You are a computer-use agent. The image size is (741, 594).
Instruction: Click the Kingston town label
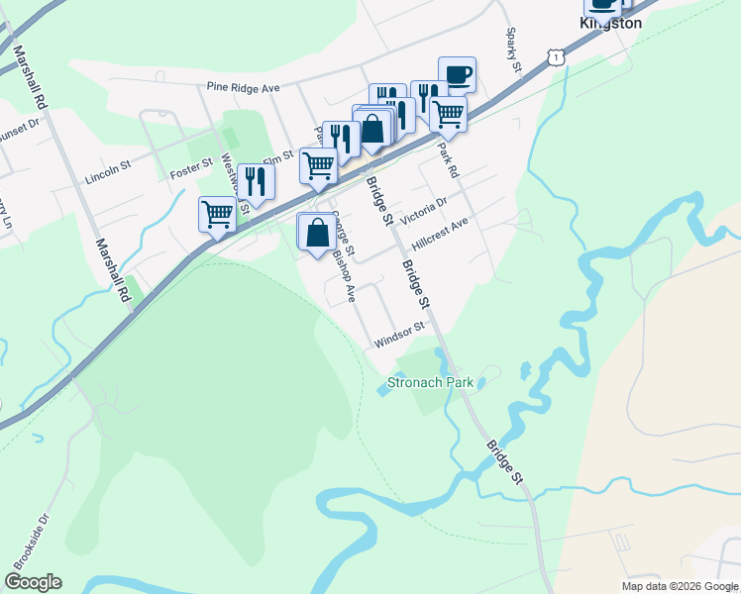tap(611, 23)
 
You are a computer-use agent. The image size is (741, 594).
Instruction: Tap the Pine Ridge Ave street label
tap(244, 87)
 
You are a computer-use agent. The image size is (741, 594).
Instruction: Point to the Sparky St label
tap(513, 53)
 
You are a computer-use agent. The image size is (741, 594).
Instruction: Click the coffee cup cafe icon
tap(457, 74)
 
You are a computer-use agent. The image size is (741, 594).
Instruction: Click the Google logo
tap(33, 582)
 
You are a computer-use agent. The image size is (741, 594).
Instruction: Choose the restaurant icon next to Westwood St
tap(257, 181)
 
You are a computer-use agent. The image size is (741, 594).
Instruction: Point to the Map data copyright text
tap(679, 586)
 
